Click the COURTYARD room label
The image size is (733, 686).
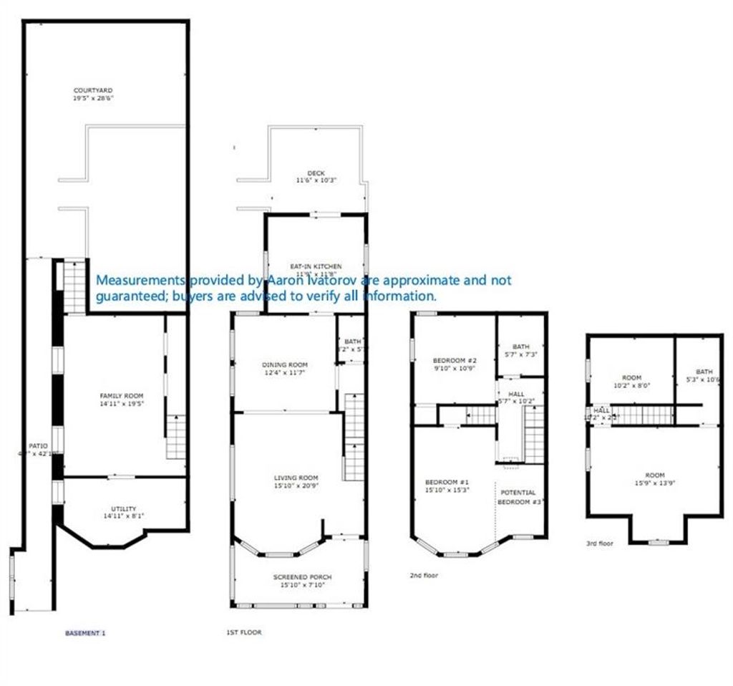click(x=93, y=90)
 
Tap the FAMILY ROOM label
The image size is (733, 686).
click(x=121, y=396)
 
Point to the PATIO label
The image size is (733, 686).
click(x=37, y=445)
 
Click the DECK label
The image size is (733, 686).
click(x=316, y=173)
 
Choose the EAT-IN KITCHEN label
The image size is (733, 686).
click(x=316, y=266)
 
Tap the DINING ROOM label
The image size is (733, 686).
click(x=283, y=364)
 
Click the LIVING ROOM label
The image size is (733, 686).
click(x=296, y=478)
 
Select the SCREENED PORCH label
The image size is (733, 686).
click(x=302, y=577)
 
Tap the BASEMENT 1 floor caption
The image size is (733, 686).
click(x=85, y=633)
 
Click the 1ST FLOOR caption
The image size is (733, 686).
click(x=244, y=632)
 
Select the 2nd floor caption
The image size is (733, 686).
click(x=424, y=575)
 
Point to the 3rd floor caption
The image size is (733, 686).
click(x=601, y=544)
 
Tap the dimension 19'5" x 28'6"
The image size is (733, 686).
click(x=93, y=98)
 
